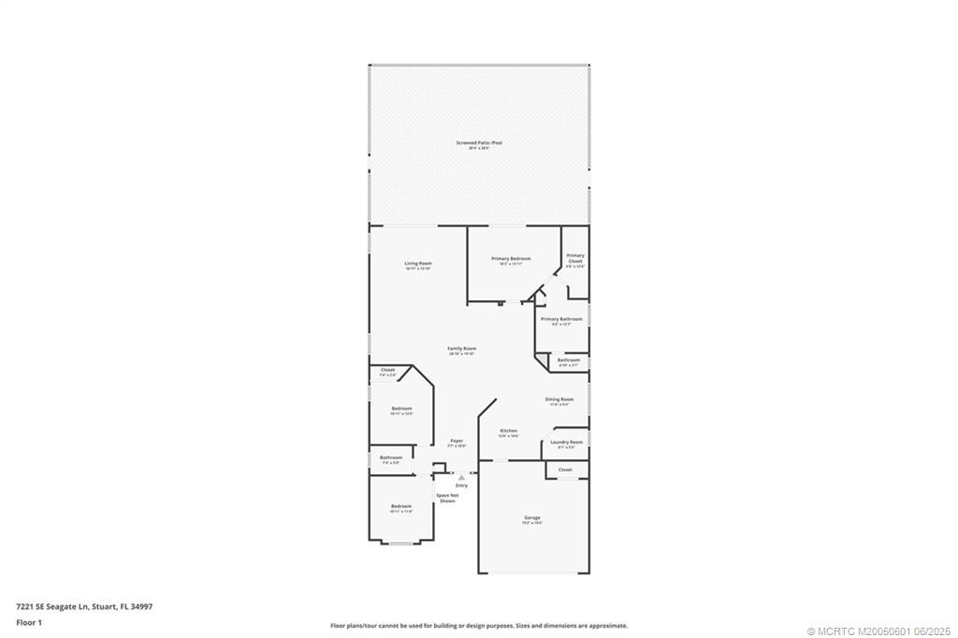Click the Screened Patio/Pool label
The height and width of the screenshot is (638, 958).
[x=479, y=143]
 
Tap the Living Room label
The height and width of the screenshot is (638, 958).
[x=418, y=264]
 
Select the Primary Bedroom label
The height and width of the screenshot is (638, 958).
[x=512, y=259]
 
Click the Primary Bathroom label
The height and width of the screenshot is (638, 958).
[x=561, y=319]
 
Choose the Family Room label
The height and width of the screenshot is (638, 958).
[x=462, y=349]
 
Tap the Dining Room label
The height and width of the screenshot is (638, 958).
[x=559, y=399]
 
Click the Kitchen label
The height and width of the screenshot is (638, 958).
[x=508, y=431]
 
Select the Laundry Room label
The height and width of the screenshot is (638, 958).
[x=566, y=442]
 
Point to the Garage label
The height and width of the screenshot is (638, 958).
[x=532, y=518]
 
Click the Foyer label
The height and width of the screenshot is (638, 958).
[x=457, y=441]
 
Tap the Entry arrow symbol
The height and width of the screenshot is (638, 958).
[x=461, y=477]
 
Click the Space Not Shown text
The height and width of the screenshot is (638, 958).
[x=448, y=498]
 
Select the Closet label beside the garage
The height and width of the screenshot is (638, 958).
[x=565, y=470]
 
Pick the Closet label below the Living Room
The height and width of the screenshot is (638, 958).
[x=387, y=370]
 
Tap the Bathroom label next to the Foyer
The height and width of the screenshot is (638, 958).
[x=390, y=457]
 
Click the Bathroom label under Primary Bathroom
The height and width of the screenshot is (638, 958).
[x=569, y=360]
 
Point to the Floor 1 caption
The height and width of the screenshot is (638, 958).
[x=29, y=622]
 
